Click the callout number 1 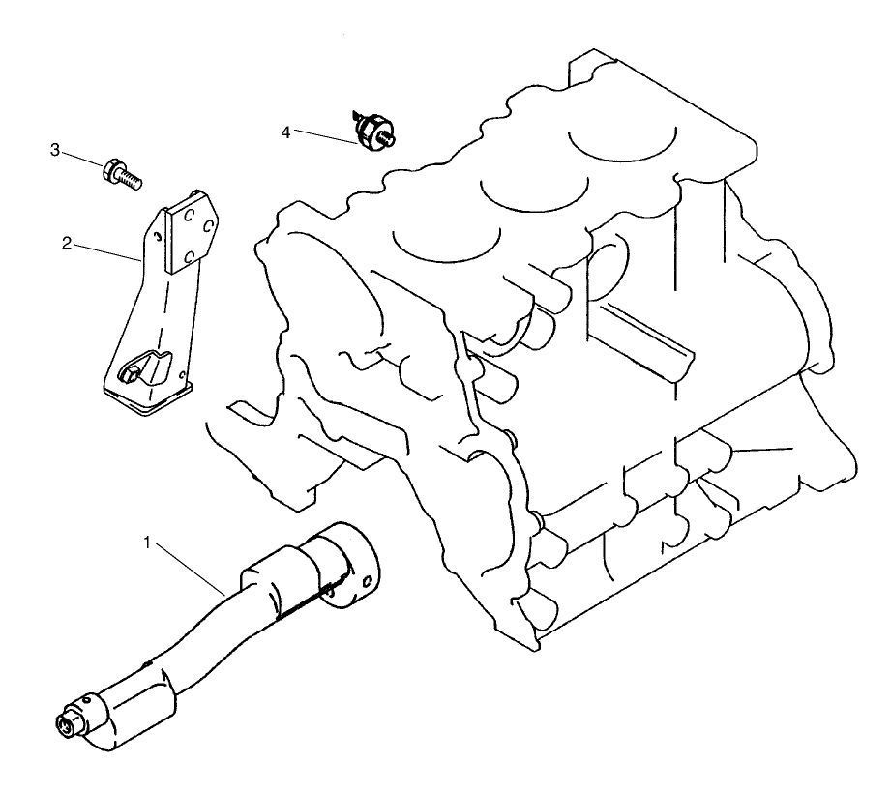[x=147, y=543]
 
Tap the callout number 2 [x=67, y=244]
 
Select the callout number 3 [x=55, y=150]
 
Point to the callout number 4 [x=286, y=131]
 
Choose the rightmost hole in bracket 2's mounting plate [x=206, y=226]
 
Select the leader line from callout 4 [x=324, y=136]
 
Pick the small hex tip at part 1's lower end [x=70, y=723]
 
